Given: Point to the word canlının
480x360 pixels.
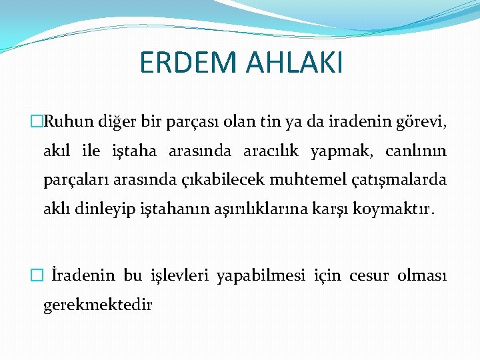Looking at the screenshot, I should pos(416,151).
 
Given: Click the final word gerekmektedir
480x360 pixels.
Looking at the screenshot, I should pos(98,305).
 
